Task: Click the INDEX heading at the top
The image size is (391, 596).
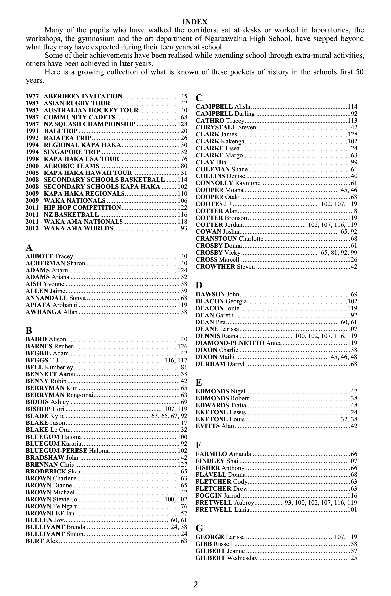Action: click(195, 22)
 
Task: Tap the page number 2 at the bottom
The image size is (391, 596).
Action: click(196, 585)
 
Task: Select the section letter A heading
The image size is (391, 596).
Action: click(29, 248)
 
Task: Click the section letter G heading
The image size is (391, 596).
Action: click(199, 528)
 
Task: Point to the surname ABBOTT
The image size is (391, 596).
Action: click(39, 256)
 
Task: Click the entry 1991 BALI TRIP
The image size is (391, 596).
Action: click(52, 131)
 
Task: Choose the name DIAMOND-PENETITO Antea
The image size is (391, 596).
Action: click(238, 343)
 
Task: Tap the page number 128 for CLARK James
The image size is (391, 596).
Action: click(352, 134)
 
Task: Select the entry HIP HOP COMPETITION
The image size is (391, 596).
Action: click(82, 208)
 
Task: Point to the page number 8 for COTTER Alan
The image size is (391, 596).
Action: click(355, 211)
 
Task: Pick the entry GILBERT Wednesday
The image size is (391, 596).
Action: click(226, 558)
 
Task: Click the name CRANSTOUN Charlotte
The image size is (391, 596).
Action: click(229, 239)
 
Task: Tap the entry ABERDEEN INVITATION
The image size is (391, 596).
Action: click(83, 96)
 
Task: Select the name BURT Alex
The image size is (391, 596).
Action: click(42, 541)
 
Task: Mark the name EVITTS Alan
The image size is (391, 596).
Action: click(215, 426)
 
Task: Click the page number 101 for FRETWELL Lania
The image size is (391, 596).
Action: click(352, 510)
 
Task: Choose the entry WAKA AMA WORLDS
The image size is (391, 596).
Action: click(78, 228)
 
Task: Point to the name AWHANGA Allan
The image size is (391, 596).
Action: click(52, 312)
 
